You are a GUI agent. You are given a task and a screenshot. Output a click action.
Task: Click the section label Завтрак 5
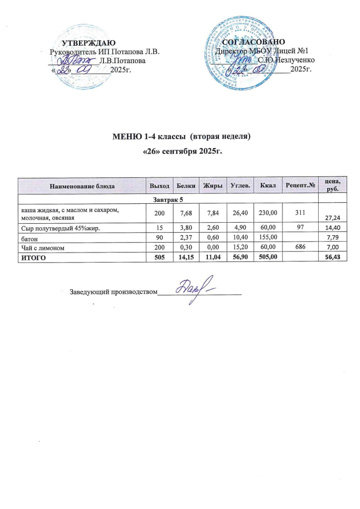pyautogui.click(x=168, y=199)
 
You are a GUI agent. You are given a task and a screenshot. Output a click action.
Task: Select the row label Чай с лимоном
pyautogui.click(x=42, y=247)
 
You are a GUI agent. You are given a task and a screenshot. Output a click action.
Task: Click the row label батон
pyautogui.click(x=28, y=238)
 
